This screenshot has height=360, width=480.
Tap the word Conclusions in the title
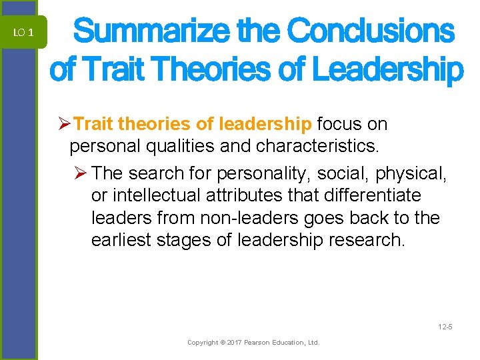371,31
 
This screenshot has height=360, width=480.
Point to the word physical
412,173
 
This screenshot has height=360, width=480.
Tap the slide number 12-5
445,326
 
